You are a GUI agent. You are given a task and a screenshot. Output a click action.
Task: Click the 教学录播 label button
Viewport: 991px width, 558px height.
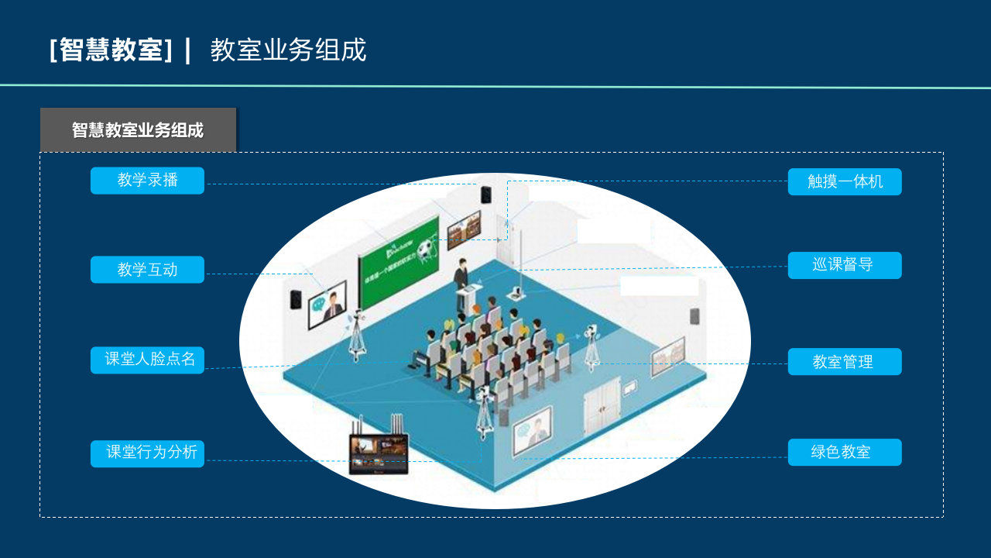(147, 181)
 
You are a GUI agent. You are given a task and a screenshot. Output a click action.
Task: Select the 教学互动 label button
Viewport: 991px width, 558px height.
(147, 270)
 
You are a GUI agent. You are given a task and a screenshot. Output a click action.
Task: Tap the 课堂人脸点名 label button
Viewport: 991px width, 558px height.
(147, 360)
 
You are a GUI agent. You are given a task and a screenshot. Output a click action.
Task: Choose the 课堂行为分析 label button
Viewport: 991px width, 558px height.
(147, 453)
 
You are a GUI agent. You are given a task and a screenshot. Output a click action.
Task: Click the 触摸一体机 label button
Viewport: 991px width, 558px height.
(845, 182)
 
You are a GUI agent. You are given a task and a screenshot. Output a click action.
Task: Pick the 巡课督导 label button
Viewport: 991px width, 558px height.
(845, 265)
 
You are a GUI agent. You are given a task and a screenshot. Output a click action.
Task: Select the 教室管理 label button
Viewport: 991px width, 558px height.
(845, 362)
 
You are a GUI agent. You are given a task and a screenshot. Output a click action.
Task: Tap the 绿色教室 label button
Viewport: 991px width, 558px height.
(845, 453)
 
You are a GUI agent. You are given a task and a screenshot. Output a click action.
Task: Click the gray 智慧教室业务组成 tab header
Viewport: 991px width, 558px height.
(138, 130)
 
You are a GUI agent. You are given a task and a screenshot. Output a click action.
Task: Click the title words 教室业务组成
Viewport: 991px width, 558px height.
(288, 50)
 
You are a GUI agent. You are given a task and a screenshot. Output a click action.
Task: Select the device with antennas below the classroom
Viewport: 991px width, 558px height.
(378, 450)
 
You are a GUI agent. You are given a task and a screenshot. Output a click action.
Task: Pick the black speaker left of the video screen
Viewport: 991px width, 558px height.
(296, 299)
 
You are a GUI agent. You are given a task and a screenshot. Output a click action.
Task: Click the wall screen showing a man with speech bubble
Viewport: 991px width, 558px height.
(327, 305)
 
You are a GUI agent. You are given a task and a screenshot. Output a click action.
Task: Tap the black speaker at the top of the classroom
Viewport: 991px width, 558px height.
(486, 195)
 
